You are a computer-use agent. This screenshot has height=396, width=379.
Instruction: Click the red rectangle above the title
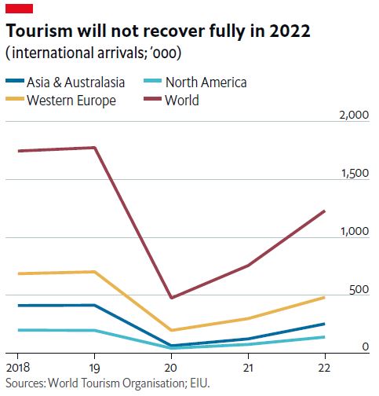click(19, 7)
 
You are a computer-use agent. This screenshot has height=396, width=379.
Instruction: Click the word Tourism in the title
click(39, 32)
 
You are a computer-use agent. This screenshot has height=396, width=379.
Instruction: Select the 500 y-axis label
click(359, 289)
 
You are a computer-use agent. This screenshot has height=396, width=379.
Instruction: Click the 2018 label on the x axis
click(17, 367)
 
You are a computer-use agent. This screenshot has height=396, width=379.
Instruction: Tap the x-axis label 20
click(172, 367)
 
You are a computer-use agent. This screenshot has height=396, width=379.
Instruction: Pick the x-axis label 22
click(324, 367)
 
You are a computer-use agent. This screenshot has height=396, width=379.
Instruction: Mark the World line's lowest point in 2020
click(172, 298)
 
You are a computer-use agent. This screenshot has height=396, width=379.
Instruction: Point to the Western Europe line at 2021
click(248, 318)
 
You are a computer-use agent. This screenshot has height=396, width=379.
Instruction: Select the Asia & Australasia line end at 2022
click(324, 324)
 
